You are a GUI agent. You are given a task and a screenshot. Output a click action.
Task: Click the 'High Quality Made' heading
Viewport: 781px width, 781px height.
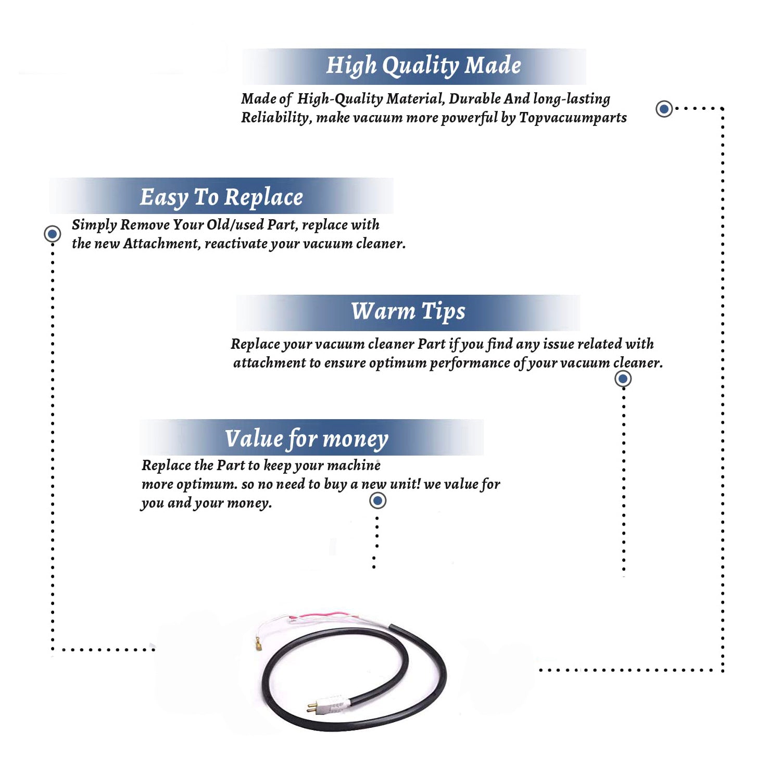pos(423,66)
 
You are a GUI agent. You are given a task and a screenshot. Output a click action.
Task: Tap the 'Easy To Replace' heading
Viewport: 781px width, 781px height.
pos(221,197)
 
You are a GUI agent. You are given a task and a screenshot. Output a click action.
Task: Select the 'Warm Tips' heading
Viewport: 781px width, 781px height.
pos(408,311)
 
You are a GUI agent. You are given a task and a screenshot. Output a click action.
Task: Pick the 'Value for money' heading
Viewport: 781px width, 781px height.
pos(307,439)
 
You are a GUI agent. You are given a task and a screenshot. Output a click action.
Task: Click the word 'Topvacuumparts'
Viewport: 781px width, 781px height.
pos(573,118)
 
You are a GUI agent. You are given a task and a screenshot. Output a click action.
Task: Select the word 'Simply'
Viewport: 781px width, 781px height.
pos(94,225)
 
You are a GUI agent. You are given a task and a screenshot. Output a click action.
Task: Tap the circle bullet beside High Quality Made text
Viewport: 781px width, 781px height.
pos(664,109)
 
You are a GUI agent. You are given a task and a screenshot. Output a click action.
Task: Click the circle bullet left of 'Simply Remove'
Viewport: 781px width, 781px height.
pos(52,234)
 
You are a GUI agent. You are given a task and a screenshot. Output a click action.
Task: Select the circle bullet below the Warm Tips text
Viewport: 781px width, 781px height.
pos(623,379)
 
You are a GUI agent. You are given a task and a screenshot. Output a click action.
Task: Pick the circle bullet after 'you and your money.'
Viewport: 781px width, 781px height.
pos(377,500)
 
